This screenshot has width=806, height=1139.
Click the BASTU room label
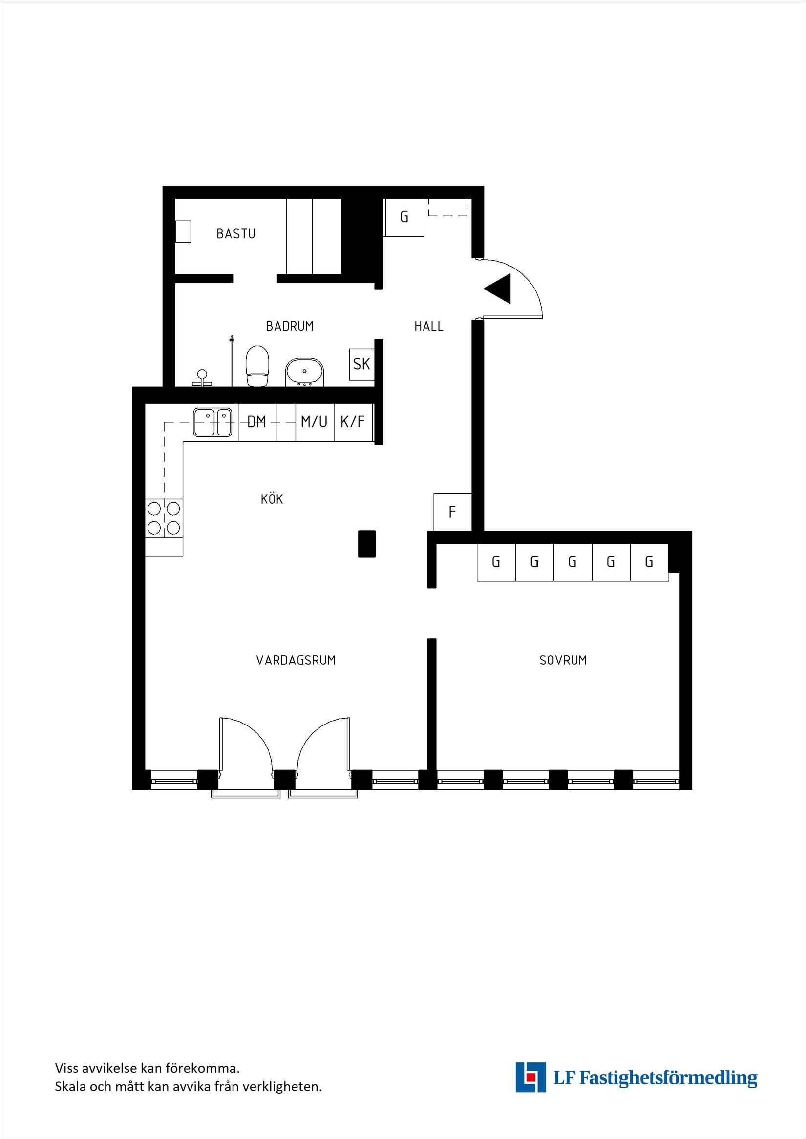[236, 233]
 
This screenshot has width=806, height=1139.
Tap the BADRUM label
[289, 326]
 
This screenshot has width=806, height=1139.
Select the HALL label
[428, 326]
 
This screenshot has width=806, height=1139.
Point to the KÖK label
[272, 499]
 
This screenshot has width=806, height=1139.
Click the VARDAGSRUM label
[296, 660]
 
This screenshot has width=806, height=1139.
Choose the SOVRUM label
[563, 660]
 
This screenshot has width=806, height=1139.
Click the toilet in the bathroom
[257, 366]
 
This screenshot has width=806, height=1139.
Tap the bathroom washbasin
[304, 373]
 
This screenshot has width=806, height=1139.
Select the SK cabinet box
[361, 364]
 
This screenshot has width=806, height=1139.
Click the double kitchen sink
[213, 422]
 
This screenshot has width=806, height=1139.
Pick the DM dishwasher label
[256, 422]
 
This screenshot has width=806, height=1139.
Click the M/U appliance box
[314, 422]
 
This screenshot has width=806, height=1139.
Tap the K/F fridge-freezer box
[352, 422]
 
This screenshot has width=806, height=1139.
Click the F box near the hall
[452, 512]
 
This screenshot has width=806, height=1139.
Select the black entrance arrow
[498, 289]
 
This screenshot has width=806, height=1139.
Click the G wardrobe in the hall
[404, 217]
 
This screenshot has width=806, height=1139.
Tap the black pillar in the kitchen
[367, 544]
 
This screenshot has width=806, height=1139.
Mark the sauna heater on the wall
[183, 232]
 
